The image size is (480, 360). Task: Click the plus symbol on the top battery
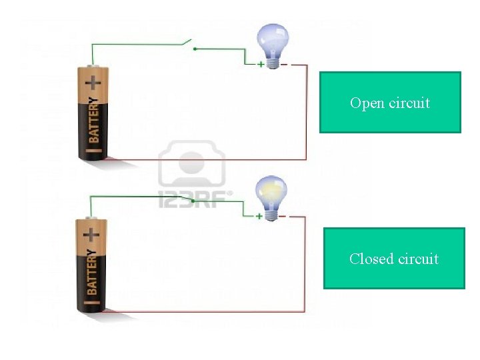pyautogui.click(x=94, y=83)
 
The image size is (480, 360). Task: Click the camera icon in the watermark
pyautogui.click(x=191, y=164)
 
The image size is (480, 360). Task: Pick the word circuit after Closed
pyautogui.click(x=417, y=259)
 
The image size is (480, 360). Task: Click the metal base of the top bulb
pyautogui.click(x=273, y=61)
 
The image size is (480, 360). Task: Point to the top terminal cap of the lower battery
pyautogui.click(x=91, y=219)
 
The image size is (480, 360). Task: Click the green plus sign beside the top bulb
pyautogui.click(x=261, y=65)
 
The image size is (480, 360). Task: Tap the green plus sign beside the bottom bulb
pyautogui.click(x=260, y=217)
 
